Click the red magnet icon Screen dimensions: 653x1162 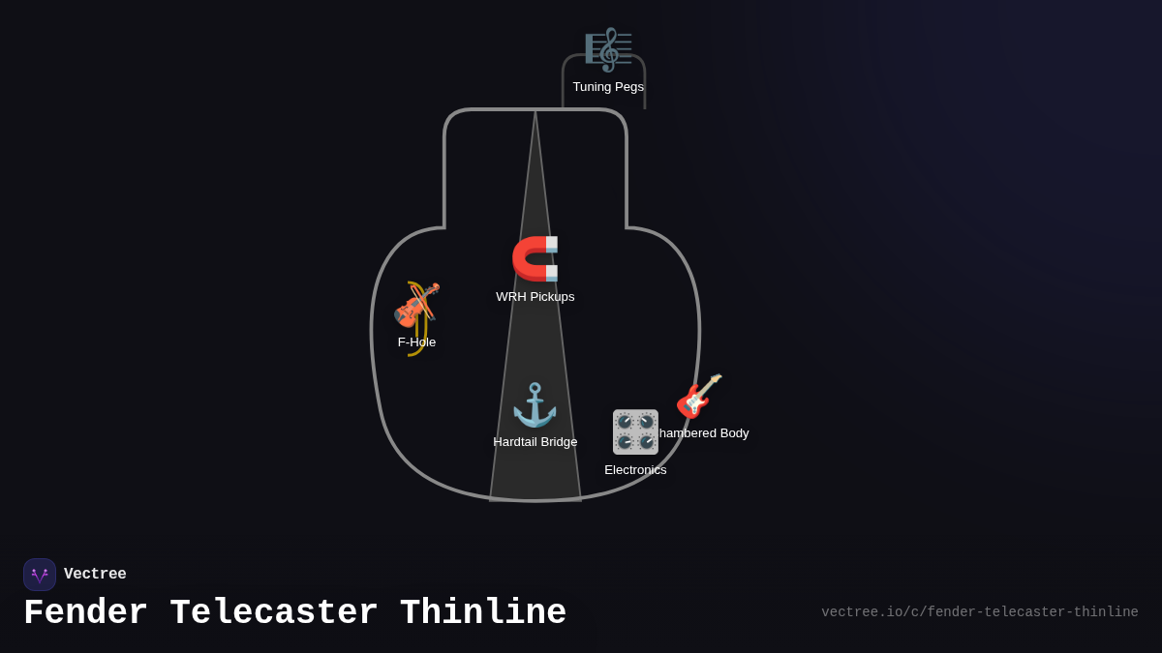pos(535,258)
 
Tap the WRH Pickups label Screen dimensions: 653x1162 pos(535,297)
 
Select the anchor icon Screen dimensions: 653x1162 pos(535,404)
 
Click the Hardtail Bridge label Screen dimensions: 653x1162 pos(535,442)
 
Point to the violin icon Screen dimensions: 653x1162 pos(416,304)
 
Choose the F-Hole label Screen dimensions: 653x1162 pos(416,342)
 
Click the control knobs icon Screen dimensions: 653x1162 pos(635,431)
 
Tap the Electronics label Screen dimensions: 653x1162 pos(635,470)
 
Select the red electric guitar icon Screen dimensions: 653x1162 pos(699,396)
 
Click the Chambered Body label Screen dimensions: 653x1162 pos(705,433)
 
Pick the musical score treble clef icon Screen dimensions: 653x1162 pos(608,49)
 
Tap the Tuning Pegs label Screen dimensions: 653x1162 pos(608,87)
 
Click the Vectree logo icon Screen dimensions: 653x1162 pos(40,575)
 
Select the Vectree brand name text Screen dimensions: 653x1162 pos(95,575)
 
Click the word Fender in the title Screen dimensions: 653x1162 pos(85,613)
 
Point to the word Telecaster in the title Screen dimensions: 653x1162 pos(273,613)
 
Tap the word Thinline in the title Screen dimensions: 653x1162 pos(482,613)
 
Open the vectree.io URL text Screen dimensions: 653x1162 pos(979,612)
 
